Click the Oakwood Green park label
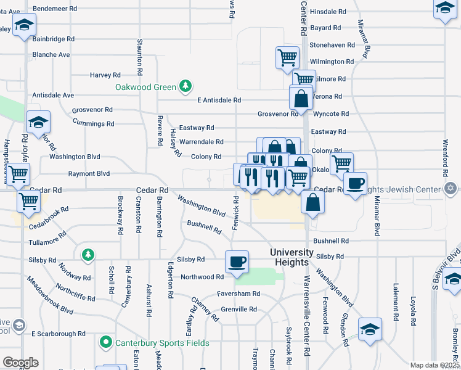click(x=145, y=87)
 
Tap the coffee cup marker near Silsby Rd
click(x=237, y=261)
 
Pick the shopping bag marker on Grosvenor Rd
click(x=301, y=98)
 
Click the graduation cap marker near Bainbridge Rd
click(x=24, y=25)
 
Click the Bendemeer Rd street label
click(x=55, y=9)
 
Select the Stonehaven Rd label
click(x=332, y=45)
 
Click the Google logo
click(x=20, y=363)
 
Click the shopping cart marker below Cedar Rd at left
click(x=28, y=201)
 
